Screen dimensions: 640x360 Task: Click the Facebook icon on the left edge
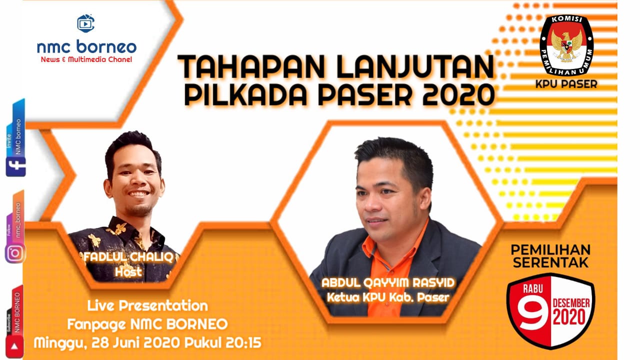pyautogui.click(x=15, y=166)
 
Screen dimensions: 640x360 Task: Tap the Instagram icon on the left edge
pyautogui.click(x=15, y=253)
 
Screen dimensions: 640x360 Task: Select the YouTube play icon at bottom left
pyautogui.click(x=14, y=346)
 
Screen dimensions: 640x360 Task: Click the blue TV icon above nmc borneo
pyautogui.click(x=85, y=23)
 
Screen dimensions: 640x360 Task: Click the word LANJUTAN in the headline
pyautogui.click(x=415, y=66)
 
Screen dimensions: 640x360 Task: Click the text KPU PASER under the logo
pyautogui.click(x=566, y=84)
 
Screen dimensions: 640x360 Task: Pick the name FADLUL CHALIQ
pyautogui.click(x=128, y=257)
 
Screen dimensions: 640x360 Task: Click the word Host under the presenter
pyautogui.click(x=128, y=271)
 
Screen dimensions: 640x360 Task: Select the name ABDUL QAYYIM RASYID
pyautogui.click(x=388, y=283)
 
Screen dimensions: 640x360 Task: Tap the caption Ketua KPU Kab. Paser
pyautogui.click(x=388, y=297)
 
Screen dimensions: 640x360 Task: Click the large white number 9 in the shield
pyautogui.click(x=533, y=315)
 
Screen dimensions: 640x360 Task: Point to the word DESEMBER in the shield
pyautogui.click(x=571, y=303)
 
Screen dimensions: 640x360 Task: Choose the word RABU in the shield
pyautogui.click(x=533, y=288)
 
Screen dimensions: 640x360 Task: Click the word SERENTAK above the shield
pyautogui.click(x=550, y=262)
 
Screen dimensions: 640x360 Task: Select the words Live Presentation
pyautogui.click(x=147, y=306)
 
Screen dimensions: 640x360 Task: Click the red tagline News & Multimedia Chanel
pyautogui.click(x=86, y=59)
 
